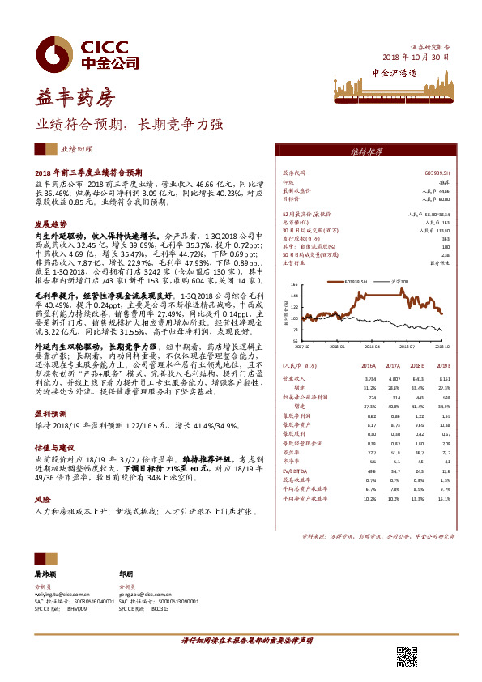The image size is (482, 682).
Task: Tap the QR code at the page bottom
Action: [x=405, y=657]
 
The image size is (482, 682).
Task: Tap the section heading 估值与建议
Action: [x=49, y=446]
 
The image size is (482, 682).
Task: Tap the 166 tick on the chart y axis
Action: [x=294, y=284]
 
